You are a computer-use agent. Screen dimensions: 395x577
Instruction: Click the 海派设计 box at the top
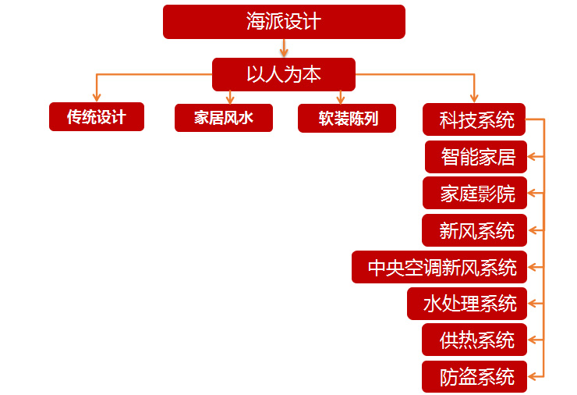[284, 21]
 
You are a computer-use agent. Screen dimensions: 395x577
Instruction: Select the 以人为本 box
[284, 74]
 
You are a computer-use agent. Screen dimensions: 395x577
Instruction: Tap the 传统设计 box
[97, 117]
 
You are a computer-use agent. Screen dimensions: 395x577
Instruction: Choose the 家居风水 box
[224, 117]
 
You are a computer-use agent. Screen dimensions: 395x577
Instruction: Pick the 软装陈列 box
[347, 118]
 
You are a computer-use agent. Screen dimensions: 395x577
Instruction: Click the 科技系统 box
[474, 119]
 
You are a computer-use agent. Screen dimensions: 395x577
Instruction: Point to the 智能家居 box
[476, 156]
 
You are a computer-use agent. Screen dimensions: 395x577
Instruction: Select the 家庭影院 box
[475, 193]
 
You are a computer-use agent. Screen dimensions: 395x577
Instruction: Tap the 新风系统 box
[475, 230]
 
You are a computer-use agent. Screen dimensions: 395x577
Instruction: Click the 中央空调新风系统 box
[440, 267]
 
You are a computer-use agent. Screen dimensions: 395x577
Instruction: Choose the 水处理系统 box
[467, 304]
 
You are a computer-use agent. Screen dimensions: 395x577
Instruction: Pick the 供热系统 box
[475, 340]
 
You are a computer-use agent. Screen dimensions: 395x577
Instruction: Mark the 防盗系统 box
[475, 376]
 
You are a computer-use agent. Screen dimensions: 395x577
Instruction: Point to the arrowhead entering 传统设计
[97, 98]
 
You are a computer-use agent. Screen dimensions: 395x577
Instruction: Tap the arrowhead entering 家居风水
[230, 98]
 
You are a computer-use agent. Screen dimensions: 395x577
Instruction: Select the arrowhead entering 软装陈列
[341, 98]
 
